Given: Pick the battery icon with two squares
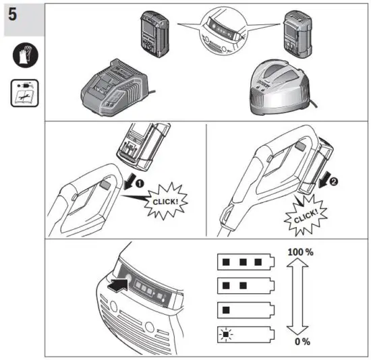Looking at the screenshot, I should (x=246, y=286).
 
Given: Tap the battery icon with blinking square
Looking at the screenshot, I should (x=246, y=334).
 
